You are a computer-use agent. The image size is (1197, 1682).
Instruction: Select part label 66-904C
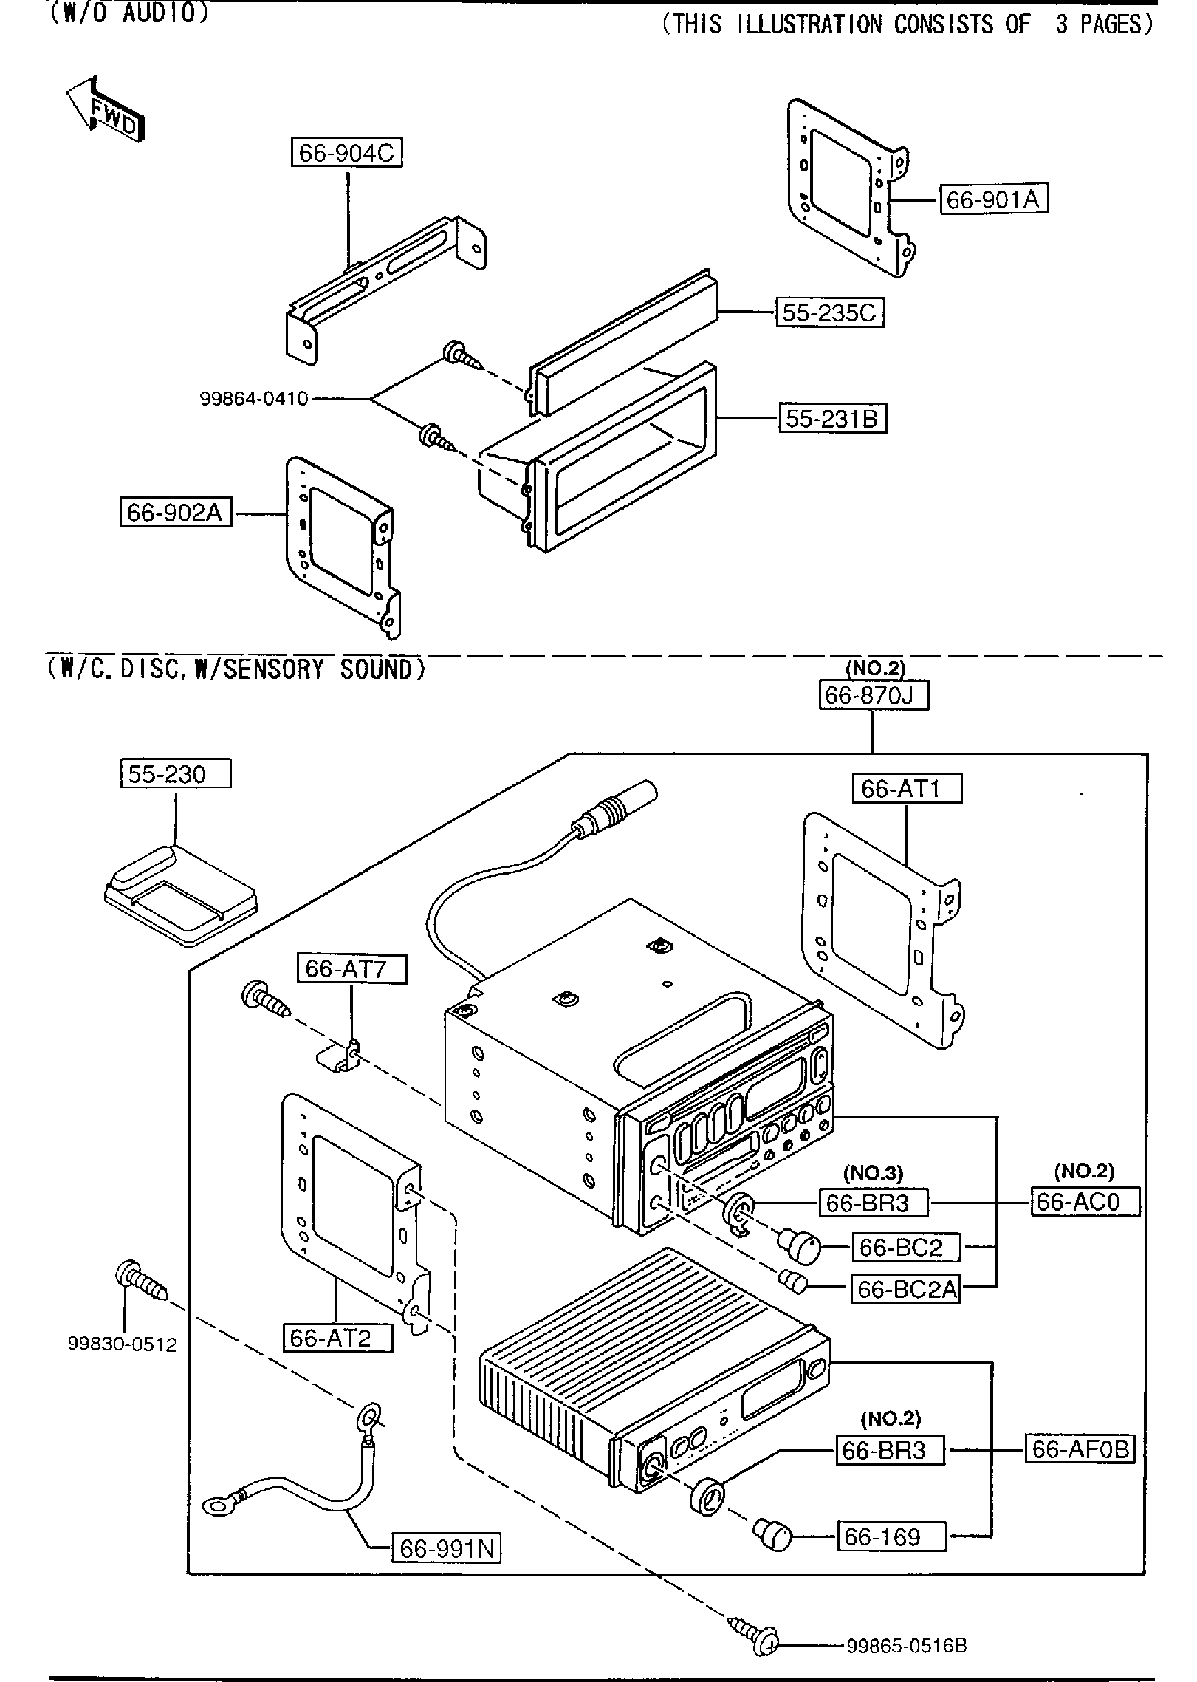[x=346, y=153]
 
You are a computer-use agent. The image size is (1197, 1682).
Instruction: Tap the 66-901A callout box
[x=993, y=199]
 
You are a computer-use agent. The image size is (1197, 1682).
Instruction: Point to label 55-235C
[x=829, y=312]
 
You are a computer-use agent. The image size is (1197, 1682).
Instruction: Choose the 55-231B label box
[x=832, y=419]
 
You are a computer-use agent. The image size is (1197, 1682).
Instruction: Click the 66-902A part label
[x=175, y=512]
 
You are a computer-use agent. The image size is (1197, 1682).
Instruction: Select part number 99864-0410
[x=254, y=399]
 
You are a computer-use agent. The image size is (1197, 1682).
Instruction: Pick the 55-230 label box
[x=176, y=774]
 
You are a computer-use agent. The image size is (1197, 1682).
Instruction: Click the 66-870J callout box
[x=874, y=696]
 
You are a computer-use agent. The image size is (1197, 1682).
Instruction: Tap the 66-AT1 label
[x=908, y=789]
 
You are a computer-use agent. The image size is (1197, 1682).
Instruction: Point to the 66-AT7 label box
[x=352, y=968]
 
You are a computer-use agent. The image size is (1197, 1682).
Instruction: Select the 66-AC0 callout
[x=1085, y=1202]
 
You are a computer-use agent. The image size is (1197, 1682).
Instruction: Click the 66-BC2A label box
[x=906, y=1289]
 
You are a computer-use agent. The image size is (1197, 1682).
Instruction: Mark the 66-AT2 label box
[x=337, y=1339]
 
